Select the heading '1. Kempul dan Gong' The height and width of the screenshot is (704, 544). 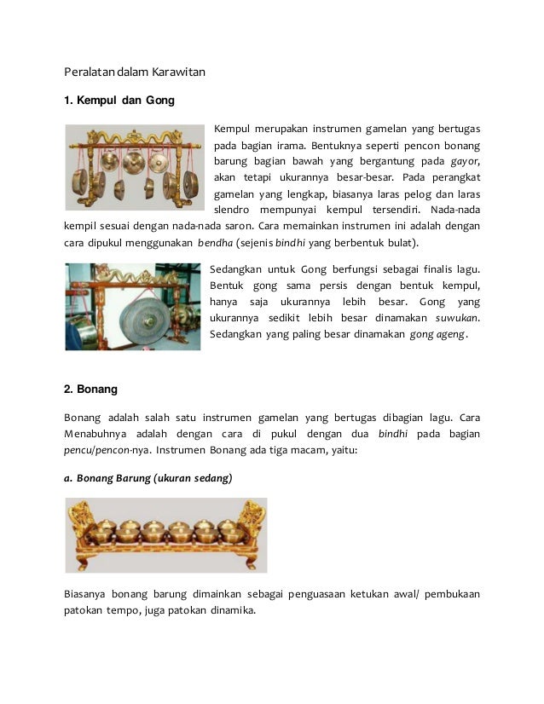119,101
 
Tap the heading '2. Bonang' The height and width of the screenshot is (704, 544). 90,389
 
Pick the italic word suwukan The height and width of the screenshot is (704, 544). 456,318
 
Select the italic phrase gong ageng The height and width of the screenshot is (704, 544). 437,335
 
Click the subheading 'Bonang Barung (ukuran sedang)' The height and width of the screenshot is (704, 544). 154,478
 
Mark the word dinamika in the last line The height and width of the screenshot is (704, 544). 229,610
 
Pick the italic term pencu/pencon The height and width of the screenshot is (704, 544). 103,451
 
